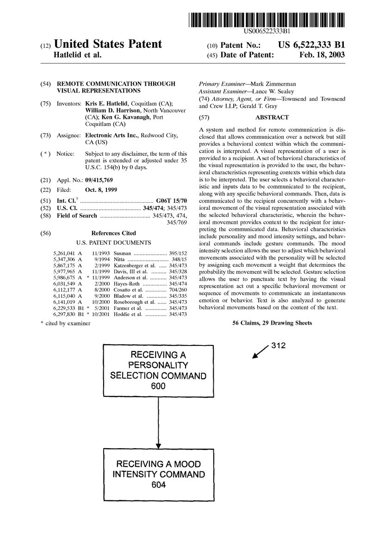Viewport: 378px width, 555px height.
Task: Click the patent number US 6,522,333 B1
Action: [x=311, y=45]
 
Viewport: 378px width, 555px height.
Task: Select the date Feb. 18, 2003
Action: [x=323, y=55]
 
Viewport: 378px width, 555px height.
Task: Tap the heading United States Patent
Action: [x=108, y=44]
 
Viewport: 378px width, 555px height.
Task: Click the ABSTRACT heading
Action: [x=272, y=117]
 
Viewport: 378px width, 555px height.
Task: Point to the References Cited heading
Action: [x=113, y=233]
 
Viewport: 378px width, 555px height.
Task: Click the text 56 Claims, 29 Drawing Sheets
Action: [x=272, y=323]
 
